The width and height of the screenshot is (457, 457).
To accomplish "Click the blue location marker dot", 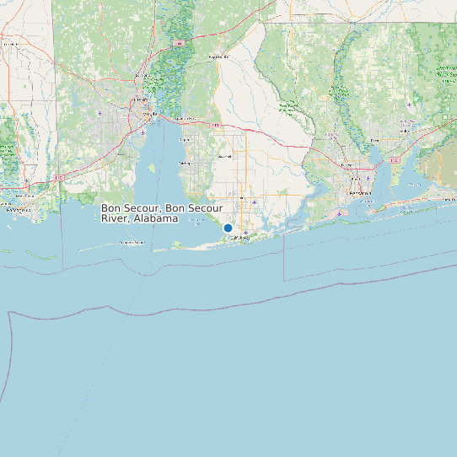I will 228,228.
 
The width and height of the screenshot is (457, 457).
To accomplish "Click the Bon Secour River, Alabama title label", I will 161,212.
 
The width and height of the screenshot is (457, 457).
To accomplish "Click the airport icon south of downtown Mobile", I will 143,132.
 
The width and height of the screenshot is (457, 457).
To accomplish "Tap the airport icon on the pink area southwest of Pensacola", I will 339,213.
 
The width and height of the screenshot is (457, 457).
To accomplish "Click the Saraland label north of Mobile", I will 142,76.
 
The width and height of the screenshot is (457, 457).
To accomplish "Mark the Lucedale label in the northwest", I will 12,43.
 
